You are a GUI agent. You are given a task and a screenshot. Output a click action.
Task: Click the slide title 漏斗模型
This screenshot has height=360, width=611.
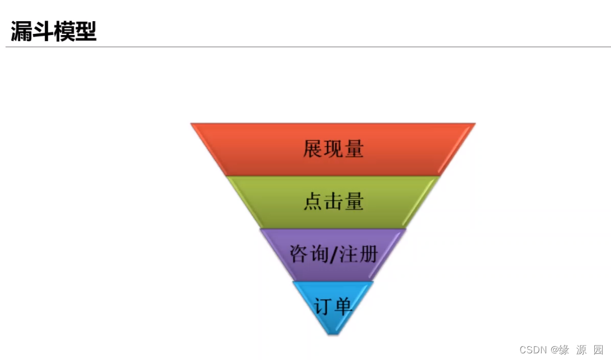[x=54, y=32]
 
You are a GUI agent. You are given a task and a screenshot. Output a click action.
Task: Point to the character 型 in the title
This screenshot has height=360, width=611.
[x=86, y=32]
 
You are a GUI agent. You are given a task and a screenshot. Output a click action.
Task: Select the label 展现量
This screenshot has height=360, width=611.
[x=333, y=149]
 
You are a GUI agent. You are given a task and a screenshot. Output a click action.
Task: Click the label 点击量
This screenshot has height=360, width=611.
[x=333, y=201]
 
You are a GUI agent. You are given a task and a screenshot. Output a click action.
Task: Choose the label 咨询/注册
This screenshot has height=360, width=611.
[x=333, y=254]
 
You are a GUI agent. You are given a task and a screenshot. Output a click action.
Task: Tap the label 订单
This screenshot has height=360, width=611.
[x=333, y=306]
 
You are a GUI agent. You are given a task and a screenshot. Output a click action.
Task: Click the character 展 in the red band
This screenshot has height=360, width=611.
[x=313, y=149]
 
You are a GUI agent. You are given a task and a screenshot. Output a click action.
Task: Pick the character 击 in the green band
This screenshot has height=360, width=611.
[x=333, y=201]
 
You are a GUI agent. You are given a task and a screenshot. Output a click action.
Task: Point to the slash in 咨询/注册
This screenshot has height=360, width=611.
[x=333, y=255]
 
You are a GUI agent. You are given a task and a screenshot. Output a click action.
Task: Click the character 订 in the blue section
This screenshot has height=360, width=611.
[x=323, y=306]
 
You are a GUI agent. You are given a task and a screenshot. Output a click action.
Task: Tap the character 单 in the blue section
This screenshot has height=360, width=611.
[x=343, y=306]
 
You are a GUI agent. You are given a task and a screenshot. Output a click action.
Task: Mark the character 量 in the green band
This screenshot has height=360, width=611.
[x=354, y=201]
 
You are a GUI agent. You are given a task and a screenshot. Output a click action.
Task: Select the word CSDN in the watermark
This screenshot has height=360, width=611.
[x=533, y=349]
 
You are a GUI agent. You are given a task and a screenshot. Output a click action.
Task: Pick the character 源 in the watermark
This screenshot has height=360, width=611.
[x=581, y=349]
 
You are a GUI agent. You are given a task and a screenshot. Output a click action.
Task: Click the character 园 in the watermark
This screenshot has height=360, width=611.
[x=598, y=349]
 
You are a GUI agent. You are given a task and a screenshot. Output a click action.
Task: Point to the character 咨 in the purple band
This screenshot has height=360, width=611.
[x=299, y=254]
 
